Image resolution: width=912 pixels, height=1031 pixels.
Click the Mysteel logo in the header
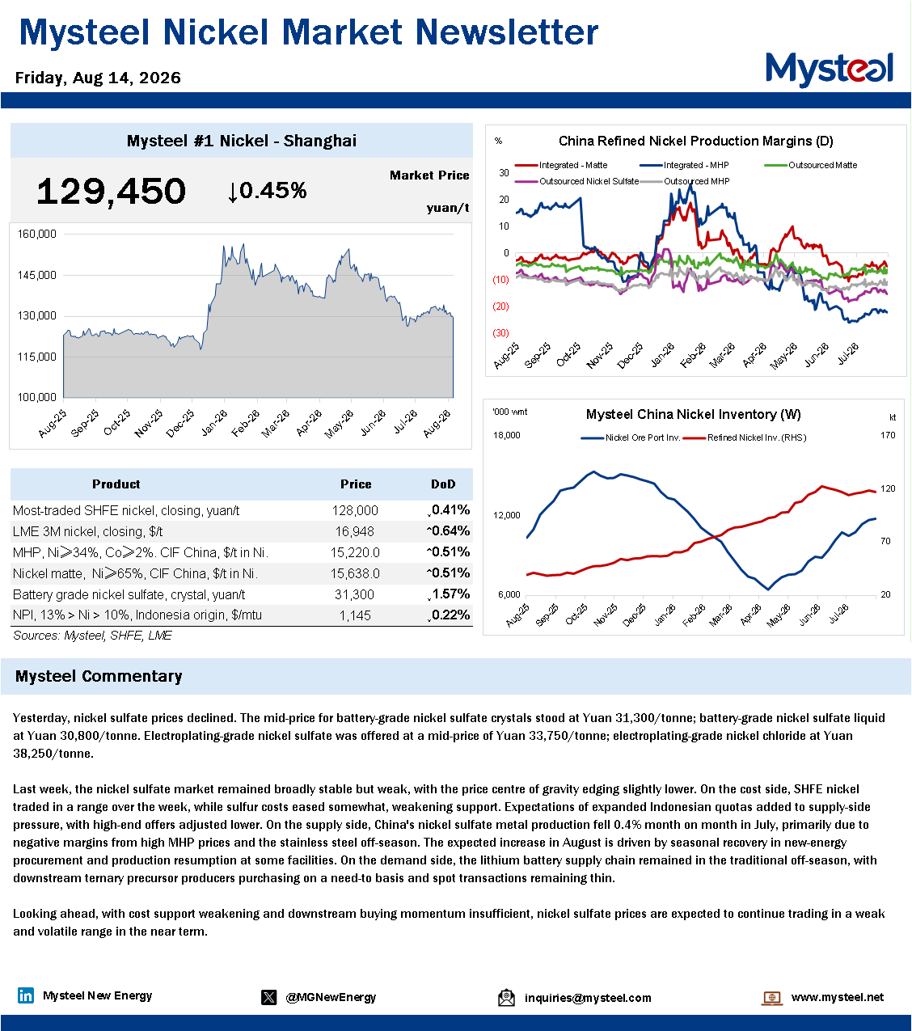pos(829,70)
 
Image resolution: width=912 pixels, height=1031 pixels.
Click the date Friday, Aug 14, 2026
pos(98,78)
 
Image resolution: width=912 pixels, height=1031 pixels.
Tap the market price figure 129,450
pos(111,192)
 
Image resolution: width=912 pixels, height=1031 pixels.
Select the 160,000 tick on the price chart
pos(36,234)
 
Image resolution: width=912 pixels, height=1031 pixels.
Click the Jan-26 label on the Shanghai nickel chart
pos(214,424)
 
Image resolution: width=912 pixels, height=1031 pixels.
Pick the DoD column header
pos(443,484)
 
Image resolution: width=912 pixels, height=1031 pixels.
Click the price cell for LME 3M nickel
pos(355,531)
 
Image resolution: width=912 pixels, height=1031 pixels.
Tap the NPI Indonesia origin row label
pos(137,615)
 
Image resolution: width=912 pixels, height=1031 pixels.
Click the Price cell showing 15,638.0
pos(355,573)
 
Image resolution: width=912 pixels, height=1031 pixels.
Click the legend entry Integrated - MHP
pos(685,166)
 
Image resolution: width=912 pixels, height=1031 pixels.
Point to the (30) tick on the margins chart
pos(500,333)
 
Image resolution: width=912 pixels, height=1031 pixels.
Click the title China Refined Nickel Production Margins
pos(695,141)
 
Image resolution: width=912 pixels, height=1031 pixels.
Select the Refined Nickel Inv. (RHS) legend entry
pos(745,437)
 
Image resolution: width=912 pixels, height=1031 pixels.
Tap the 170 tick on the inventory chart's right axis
pos(888,435)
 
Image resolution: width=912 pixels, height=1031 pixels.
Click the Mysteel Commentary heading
pos(99,676)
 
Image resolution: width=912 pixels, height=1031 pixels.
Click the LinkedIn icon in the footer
pos(26,995)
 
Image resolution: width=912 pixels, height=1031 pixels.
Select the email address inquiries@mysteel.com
pos(588,998)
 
